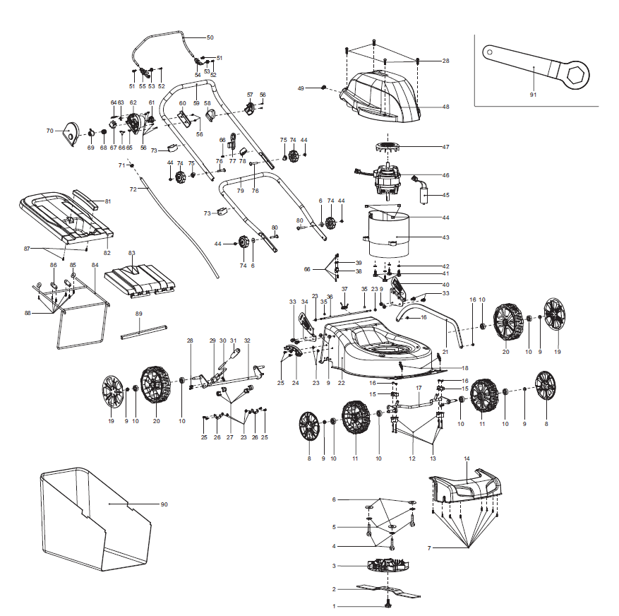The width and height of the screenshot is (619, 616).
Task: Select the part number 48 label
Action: coord(445,107)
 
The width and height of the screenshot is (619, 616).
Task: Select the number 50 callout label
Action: coord(210,37)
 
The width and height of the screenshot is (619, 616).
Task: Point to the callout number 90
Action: coord(164,504)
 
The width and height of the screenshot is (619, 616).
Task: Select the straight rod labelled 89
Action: coord(144,329)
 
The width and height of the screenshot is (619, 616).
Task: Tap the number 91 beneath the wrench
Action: coord(533,94)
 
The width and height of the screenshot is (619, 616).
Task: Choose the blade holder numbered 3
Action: coord(387,566)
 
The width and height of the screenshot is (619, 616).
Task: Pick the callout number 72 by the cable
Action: coord(133,189)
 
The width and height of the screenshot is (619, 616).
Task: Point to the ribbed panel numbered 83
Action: coord(139,279)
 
